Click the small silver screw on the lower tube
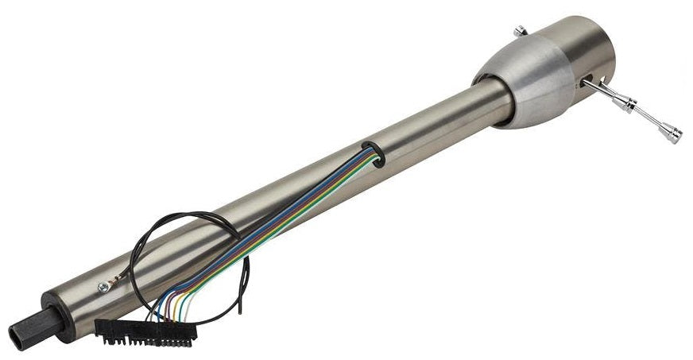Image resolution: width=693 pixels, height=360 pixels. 103,288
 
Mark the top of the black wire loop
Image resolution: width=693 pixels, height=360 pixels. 191,214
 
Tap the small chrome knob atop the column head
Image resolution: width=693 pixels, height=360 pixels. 520,31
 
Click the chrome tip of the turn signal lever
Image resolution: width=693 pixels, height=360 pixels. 674,135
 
